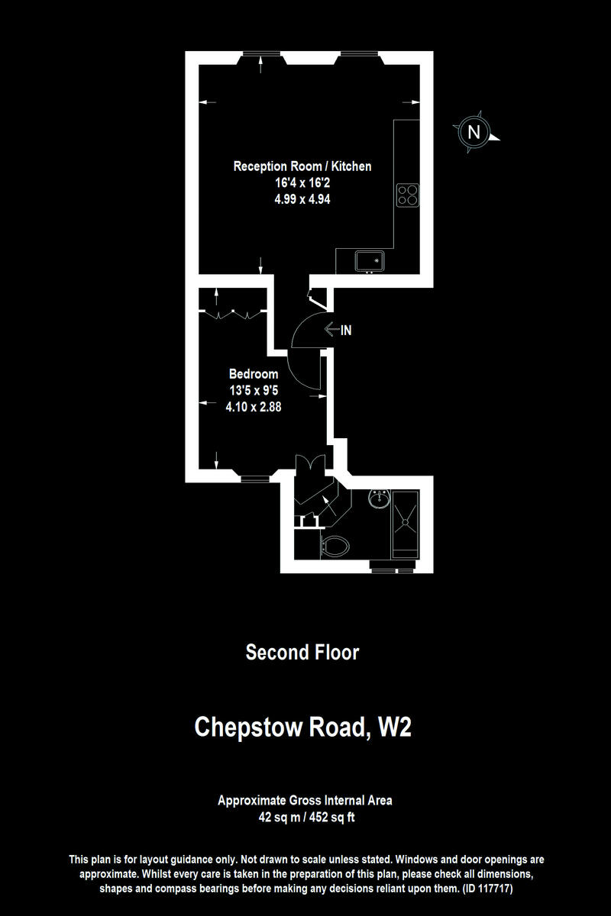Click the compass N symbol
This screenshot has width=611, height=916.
click(474, 132)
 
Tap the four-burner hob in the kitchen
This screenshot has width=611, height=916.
click(407, 195)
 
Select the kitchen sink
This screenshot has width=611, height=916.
click(370, 262)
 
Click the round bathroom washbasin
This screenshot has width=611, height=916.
click(378, 500)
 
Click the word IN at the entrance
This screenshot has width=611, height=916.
click(346, 331)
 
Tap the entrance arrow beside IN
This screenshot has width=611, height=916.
click(331, 330)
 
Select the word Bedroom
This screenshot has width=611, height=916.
click(254, 374)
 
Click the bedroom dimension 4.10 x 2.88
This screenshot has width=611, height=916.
click(254, 407)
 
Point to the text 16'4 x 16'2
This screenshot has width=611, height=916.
click(302, 183)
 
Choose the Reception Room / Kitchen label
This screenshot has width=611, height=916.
click(302, 166)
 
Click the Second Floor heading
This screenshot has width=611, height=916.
click(302, 653)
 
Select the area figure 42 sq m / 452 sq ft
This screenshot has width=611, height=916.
click(305, 818)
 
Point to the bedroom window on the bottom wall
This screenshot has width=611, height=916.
click(255, 479)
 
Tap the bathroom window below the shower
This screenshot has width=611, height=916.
click(392, 569)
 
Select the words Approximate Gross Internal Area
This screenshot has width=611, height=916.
click(305, 801)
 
